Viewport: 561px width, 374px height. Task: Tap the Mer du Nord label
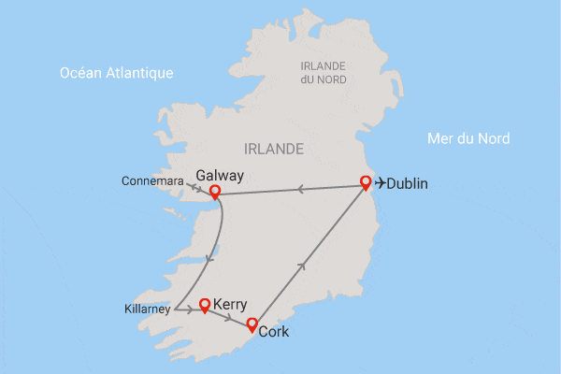coord(467,138)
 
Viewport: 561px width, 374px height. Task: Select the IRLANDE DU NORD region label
coord(323,72)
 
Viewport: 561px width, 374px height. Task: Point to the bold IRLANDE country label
coord(273,149)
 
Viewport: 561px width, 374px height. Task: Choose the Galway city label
coord(220,176)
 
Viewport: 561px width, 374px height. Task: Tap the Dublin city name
coord(407,184)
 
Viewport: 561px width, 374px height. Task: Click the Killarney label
coord(148,309)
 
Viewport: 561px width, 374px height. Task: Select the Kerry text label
coord(230,305)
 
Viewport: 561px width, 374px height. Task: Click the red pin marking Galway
coord(215,192)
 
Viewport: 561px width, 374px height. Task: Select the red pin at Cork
coord(252,324)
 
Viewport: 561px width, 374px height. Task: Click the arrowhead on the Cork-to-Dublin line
coord(301,266)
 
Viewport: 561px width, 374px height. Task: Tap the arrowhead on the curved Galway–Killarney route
coord(209,259)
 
